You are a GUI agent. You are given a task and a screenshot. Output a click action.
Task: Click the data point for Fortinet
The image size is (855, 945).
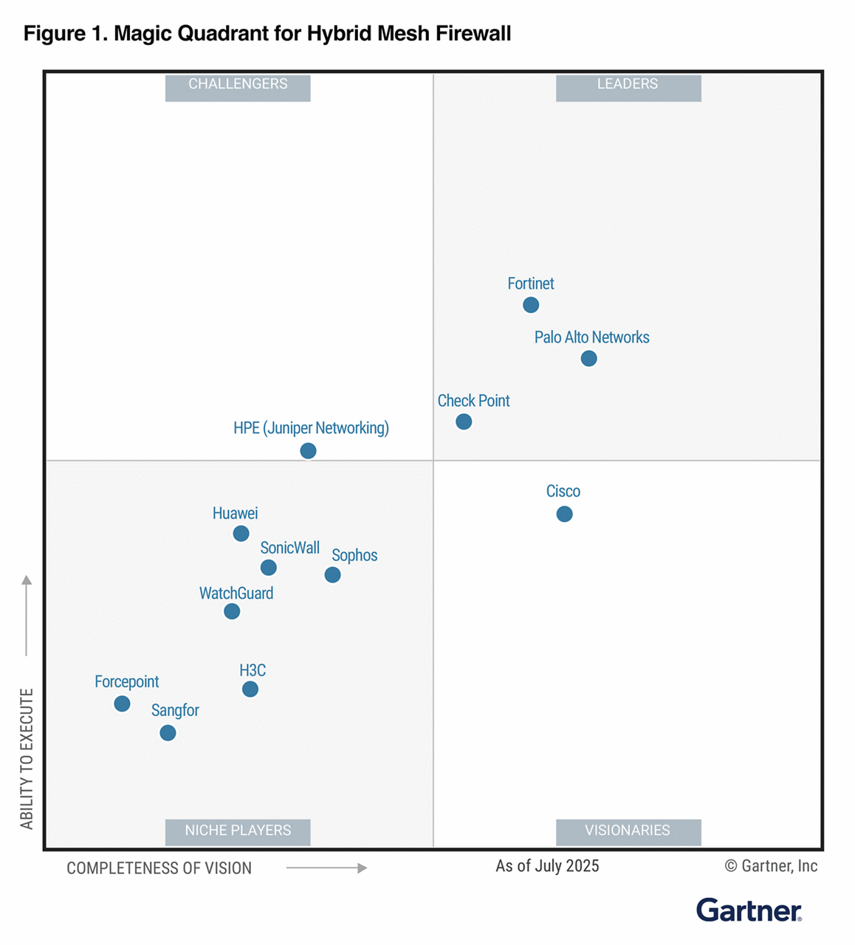pos(530,305)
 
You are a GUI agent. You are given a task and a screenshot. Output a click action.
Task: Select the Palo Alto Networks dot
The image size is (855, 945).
pos(588,359)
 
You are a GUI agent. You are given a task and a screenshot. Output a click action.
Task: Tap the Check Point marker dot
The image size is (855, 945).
pos(464,422)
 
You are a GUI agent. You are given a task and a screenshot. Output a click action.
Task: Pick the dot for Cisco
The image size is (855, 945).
pos(564,514)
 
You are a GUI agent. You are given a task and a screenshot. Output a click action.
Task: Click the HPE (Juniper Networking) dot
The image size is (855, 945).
pos(308,450)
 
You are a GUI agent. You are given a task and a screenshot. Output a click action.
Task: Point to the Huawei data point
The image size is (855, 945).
pos(241,533)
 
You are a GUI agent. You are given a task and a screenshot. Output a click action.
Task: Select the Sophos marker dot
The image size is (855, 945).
pos(332,574)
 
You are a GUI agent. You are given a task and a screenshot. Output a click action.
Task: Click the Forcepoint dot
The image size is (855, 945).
pos(122,704)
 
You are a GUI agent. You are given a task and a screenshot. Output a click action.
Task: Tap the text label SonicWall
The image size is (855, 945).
pos(289,548)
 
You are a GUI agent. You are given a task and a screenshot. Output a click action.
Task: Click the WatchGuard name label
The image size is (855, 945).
pos(236,594)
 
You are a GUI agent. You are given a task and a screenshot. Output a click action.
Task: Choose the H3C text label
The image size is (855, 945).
pos(253,670)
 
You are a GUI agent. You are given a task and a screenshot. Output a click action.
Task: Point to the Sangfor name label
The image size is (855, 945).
pos(175,710)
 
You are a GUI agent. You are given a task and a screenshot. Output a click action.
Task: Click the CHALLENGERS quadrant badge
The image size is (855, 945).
pos(238,85)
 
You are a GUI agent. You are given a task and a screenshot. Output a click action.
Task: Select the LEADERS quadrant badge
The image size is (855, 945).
pos(628,85)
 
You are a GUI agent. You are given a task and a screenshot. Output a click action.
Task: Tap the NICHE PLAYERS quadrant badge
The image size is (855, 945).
pos(238,831)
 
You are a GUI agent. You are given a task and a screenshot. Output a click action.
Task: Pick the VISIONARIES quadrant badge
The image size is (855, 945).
pos(628,831)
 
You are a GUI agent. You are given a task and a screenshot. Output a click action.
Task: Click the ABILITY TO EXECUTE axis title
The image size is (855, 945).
pos(27,759)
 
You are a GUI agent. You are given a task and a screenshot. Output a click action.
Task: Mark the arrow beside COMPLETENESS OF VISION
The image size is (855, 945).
pos(326,868)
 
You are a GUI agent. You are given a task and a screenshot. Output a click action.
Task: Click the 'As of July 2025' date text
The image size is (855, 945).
pos(547,866)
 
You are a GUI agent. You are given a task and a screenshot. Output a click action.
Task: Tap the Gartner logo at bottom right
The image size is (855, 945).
pos(749,910)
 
